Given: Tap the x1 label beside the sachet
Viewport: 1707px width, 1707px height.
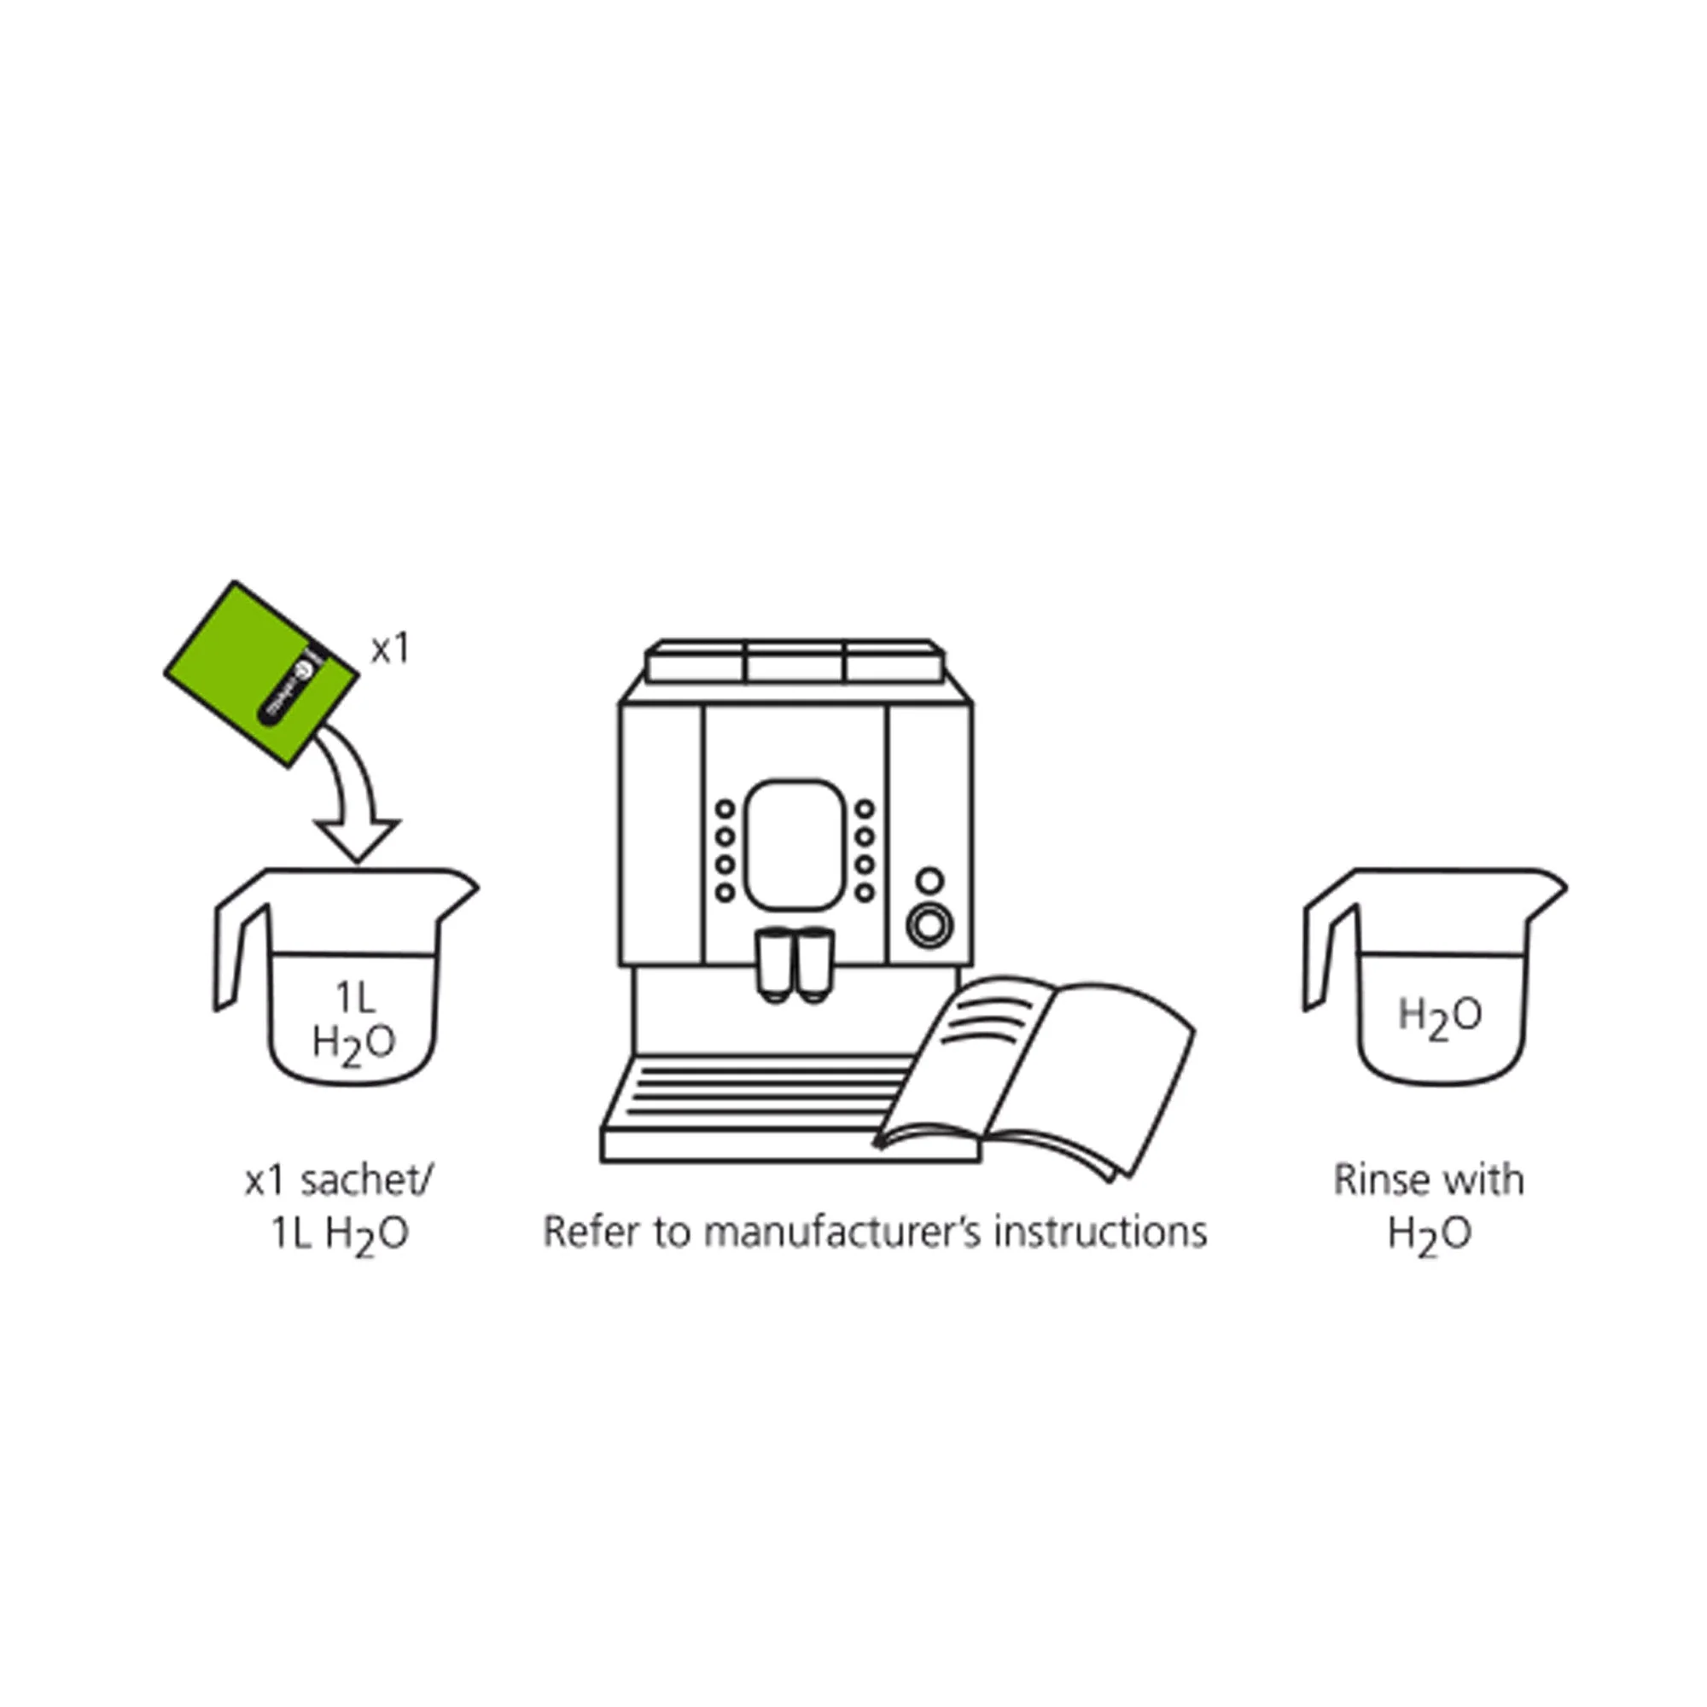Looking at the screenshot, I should (390, 650).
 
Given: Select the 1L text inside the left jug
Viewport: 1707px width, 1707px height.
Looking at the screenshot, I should (355, 999).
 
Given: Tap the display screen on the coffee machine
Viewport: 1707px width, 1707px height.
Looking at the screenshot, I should (795, 845).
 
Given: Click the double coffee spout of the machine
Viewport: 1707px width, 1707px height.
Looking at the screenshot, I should (795, 964).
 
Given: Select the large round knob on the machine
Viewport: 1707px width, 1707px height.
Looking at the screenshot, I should (929, 926).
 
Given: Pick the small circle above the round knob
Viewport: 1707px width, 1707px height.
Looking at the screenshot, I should (929, 880).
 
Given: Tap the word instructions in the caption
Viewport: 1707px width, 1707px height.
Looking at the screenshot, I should (1100, 1232).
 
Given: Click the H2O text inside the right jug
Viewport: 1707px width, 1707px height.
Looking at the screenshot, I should (1440, 1016).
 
